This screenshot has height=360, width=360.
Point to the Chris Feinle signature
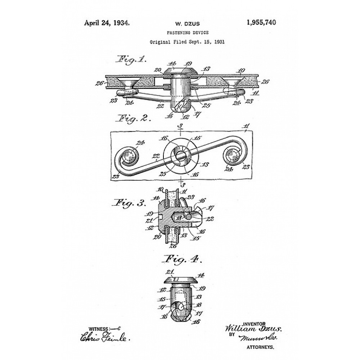click(x=105, y=338)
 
